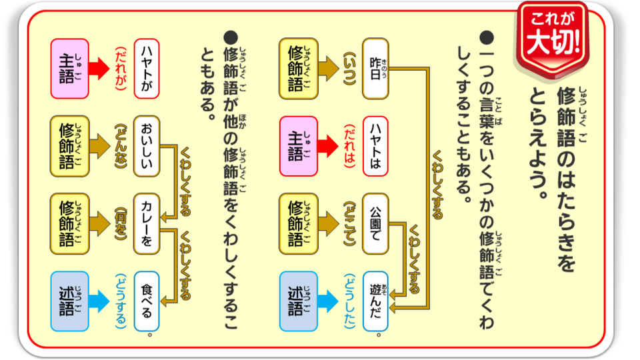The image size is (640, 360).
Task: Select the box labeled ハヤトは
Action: (375, 146)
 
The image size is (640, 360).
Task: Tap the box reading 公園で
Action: (375, 224)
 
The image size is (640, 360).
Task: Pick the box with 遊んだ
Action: (375, 301)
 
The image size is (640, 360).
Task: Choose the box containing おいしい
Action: (147, 146)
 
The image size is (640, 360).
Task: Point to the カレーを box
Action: (147, 224)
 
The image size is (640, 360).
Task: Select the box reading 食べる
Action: (147, 301)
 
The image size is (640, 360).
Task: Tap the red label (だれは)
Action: (347, 146)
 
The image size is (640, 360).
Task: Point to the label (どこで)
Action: (347, 224)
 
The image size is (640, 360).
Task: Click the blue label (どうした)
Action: (347, 301)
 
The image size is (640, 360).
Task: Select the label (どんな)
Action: (119, 146)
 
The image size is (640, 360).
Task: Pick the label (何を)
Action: (119, 224)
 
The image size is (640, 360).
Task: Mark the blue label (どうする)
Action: (119, 301)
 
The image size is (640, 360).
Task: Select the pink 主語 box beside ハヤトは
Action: (299, 146)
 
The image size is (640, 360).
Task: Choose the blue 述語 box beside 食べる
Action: (69, 301)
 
